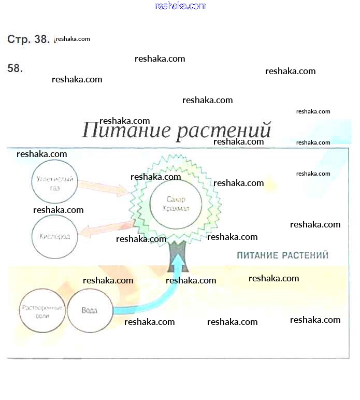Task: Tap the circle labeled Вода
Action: (90, 310)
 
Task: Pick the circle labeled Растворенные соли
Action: (41, 310)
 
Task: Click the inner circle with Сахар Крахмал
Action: (175, 204)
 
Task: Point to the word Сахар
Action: (175, 199)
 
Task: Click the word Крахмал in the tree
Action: (175, 209)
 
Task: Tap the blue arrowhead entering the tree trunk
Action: (178, 264)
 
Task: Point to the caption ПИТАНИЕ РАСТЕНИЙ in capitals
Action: (282, 255)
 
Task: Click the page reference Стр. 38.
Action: (28, 39)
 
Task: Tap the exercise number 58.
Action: (15, 68)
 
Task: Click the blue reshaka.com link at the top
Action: (180, 6)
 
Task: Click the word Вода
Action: (90, 310)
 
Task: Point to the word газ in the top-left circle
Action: (55, 189)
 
